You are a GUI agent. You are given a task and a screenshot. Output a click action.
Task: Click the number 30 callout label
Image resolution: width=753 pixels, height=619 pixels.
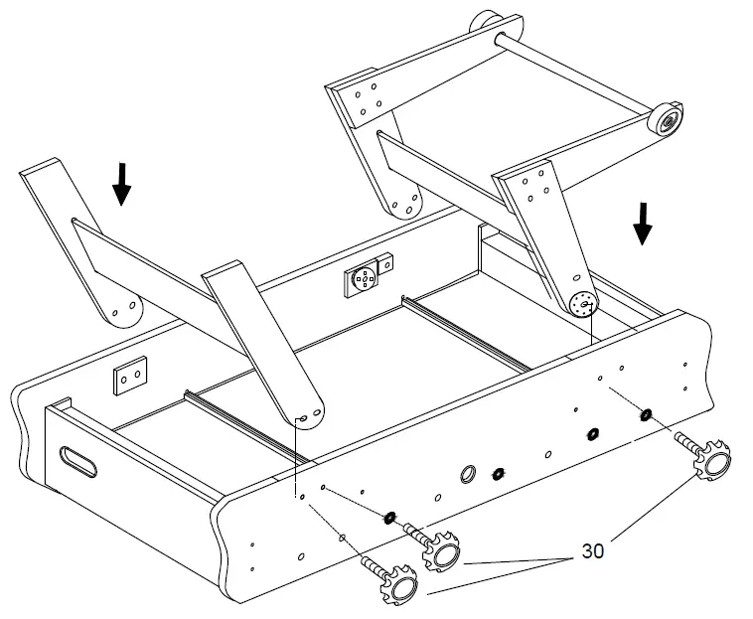tap(593, 549)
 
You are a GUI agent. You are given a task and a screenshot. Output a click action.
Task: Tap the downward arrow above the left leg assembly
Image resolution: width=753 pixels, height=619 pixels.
tap(121, 184)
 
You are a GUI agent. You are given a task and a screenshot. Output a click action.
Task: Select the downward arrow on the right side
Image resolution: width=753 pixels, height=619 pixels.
tap(643, 223)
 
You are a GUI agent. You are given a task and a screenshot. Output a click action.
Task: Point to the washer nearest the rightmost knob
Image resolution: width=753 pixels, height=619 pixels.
tap(647, 413)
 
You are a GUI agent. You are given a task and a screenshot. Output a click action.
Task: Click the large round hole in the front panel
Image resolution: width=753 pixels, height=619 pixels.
tap(467, 473)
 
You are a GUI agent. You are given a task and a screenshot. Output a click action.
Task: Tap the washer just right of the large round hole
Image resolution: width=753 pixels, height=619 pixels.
tap(499, 473)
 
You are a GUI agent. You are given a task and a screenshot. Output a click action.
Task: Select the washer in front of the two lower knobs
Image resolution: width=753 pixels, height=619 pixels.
tap(389, 517)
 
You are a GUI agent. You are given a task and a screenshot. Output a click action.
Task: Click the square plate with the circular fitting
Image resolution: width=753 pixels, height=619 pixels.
tap(365, 279)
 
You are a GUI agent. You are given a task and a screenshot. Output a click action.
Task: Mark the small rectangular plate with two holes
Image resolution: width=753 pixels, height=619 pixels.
tap(128, 377)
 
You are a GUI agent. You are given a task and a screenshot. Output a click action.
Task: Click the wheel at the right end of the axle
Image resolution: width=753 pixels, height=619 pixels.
tap(665, 119)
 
